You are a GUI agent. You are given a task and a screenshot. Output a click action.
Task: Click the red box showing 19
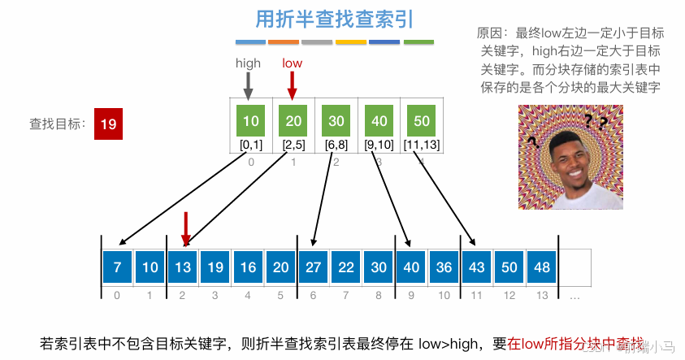pyautogui.click(x=109, y=124)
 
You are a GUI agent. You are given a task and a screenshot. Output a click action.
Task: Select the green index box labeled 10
pyautogui.click(x=251, y=121)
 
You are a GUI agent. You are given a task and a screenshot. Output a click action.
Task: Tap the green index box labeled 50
pyautogui.click(x=422, y=121)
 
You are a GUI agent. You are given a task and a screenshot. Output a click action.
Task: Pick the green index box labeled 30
pyautogui.click(x=336, y=121)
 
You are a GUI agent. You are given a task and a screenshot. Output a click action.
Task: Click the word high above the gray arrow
pyautogui.click(x=248, y=63)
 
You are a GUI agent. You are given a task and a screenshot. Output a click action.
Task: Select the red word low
pyautogui.click(x=293, y=63)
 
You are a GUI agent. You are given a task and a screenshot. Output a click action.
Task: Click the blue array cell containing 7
pyautogui.click(x=117, y=267)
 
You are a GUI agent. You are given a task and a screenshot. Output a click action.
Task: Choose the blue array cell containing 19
pyautogui.click(x=215, y=267)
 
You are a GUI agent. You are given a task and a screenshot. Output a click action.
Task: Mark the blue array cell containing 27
pyautogui.click(x=313, y=267)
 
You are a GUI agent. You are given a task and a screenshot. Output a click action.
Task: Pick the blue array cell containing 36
pyautogui.click(x=443, y=267)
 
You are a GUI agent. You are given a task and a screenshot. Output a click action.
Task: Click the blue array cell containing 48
pyautogui.click(x=540, y=267)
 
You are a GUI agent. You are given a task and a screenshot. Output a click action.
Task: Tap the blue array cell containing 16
pyautogui.click(x=247, y=267)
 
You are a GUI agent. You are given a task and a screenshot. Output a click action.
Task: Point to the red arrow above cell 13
pyautogui.click(x=186, y=227)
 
